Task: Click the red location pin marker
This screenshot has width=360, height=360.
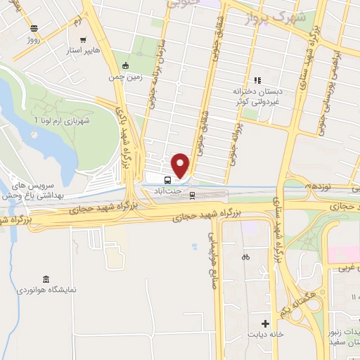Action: pos(181,165)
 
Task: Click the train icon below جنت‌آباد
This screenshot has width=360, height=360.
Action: pos(192,196)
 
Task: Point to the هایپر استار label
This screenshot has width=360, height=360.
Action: pos(83,51)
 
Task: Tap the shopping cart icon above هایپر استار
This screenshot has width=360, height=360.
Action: pos(83,41)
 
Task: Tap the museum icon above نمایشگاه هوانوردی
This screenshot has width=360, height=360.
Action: pos(46,279)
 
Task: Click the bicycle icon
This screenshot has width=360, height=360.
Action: pos(245,257)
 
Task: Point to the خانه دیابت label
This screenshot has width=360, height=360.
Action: pos(265,334)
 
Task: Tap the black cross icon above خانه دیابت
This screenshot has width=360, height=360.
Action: pos(265,323)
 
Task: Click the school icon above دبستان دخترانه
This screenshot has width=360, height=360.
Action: pos(257,80)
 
